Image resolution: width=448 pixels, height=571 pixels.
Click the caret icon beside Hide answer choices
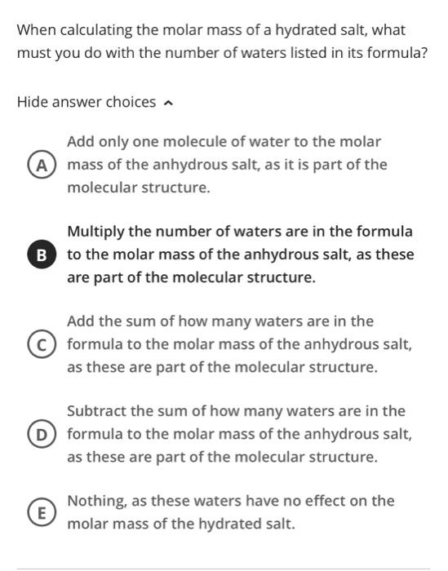tap(168, 103)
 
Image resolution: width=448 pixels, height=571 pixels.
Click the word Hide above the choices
tap(33, 102)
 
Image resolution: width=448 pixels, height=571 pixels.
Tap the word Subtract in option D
tap(98, 411)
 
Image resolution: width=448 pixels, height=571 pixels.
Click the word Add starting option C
tap(81, 321)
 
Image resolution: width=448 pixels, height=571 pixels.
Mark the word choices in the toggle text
tap(131, 102)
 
